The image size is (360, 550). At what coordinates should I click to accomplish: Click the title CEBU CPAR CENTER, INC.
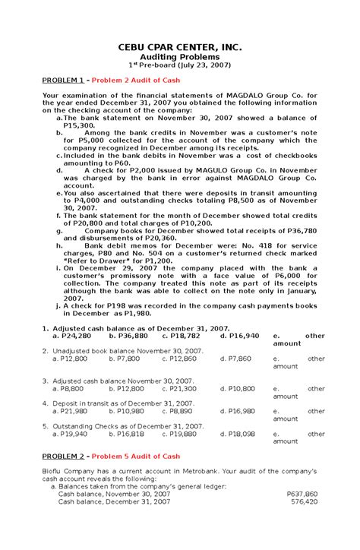(180, 48)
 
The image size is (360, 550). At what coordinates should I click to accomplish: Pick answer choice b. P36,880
(128, 335)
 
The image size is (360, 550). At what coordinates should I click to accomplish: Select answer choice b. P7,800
(125, 358)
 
